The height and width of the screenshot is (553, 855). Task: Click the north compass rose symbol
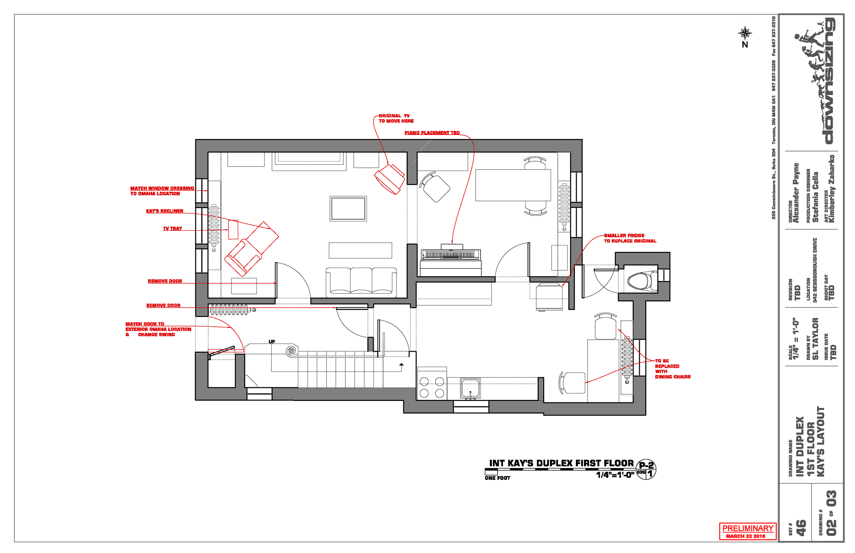coord(745,33)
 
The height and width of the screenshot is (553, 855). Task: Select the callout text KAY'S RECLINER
coord(165,211)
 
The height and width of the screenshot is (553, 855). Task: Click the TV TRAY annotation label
coord(172,229)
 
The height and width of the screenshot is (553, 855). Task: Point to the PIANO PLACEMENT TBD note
coord(432,133)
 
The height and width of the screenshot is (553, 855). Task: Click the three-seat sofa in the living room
coord(361,282)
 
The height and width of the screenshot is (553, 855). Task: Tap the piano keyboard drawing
coord(450,254)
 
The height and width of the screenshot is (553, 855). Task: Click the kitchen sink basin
coord(470,388)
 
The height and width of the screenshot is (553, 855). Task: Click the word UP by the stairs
coord(272,341)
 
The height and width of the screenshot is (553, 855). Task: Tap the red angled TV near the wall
coord(389,179)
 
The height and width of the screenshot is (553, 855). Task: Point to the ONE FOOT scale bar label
coord(497,478)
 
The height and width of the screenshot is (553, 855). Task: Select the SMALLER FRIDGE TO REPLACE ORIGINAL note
coord(629,239)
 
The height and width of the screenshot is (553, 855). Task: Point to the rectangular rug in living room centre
coord(348,208)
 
